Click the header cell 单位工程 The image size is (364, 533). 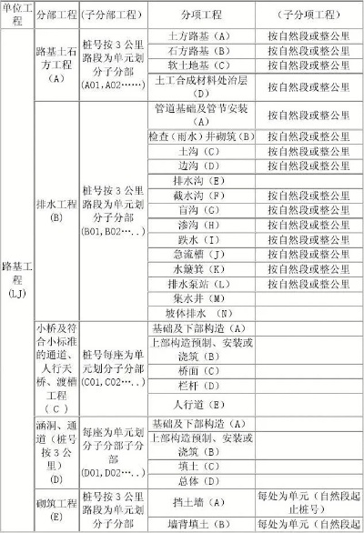point(15,15)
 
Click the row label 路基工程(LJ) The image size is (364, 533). point(15,280)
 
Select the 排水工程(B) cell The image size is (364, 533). point(56,210)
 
